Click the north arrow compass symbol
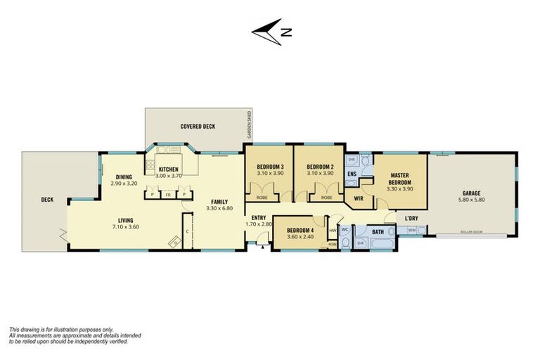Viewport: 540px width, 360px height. pyautogui.click(x=271, y=31)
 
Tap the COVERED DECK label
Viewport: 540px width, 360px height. pyautogui.click(x=198, y=127)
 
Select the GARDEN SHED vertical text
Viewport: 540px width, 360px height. pyautogui.click(x=248, y=126)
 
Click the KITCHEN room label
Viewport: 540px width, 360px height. pyautogui.click(x=169, y=169)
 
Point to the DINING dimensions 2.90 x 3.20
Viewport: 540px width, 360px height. pyautogui.click(x=124, y=184)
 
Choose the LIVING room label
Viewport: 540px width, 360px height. pyautogui.click(x=126, y=220)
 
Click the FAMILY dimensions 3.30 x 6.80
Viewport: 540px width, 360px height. pyautogui.click(x=219, y=209)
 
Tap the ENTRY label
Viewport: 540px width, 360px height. pyautogui.click(x=257, y=217)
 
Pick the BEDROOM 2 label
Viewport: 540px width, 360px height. pyautogui.click(x=320, y=166)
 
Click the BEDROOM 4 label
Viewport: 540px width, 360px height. pyautogui.click(x=301, y=230)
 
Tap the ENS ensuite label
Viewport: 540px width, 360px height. pyautogui.click(x=352, y=173)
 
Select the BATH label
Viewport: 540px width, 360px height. pyautogui.click(x=378, y=231)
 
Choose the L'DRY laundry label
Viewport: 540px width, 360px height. pyautogui.click(x=411, y=218)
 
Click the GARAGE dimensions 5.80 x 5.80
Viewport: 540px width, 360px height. pyautogui.click(x=471, y=200)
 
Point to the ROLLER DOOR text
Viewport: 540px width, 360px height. pyautogui.click(x=472, y=231)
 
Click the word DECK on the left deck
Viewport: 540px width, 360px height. pyautogui.click(x=47, y=200)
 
